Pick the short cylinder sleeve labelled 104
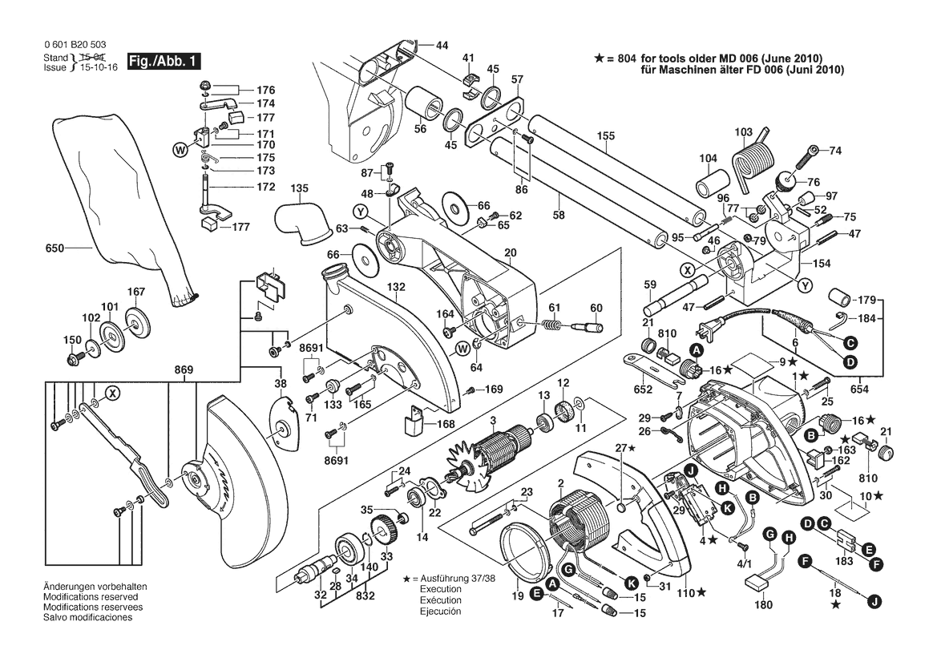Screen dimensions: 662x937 pyautogui.click(x=708, y=184)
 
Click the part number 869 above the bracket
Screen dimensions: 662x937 pyautogui.click(x=184, y=369)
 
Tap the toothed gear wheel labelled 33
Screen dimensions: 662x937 pyautogui.click(x=382, y=532)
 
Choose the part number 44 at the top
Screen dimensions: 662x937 pyautogui.click(x=442, y=45)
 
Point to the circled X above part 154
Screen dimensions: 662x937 pyautogui.click(x=686, y=269)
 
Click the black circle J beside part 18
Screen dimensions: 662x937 pyautogui.click(x=874, y=599)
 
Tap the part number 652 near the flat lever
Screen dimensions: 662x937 pyautogui.click(x=643, y=389)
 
